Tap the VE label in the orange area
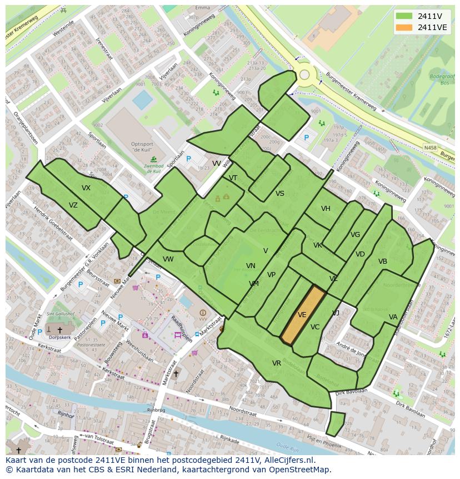point(302,315)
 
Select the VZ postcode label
point(73,205)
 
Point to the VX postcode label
point(86,188)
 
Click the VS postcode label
point(280,194)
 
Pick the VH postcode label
point(326,209)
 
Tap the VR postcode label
point(277,363)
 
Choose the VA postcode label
point(393,317)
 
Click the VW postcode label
point(168,259)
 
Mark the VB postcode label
point(383,261)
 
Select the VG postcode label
point(356,235)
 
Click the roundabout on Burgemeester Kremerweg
point(304,75)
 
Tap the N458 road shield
point(429,147)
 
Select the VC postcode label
point(315,327)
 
